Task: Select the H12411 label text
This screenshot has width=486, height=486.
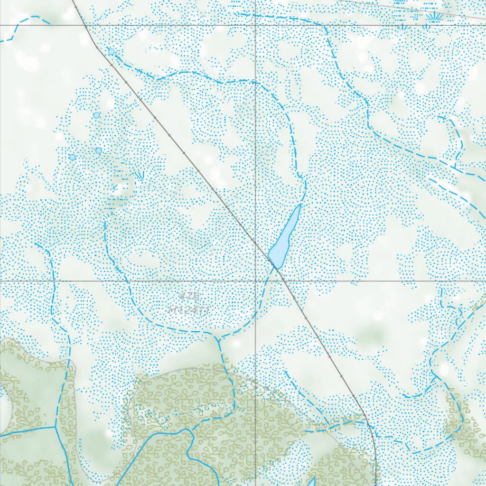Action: pyautogui.click(x=189, y=309)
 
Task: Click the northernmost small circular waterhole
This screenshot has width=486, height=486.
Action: pyautogui.click(x=111, y=51)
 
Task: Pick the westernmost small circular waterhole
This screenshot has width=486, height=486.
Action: pyautogui.click(x=73, y=157)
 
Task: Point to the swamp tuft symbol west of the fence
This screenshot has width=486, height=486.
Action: pyautogui.click(x=139, y=176)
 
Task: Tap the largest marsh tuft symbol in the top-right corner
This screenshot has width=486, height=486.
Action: pyautogui.click(x=432, y=18)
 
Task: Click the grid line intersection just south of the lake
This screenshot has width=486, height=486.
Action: pyautogui.click(x=256, y=280)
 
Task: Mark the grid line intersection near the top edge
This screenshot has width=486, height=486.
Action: pyautogui.click(x=256, y=24)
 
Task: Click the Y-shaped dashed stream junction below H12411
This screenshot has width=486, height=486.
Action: pyautogui.click(x=217, y=338)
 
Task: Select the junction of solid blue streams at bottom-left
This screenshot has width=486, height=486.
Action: pyautogui.click(x=56, y=426)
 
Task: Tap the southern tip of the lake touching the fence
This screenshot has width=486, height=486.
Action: pyautogui.click(x=275, y=267)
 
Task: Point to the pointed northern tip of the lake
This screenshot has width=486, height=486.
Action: pyautogui.click(x=300, y=205)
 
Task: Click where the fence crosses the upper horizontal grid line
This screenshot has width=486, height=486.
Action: pyautogui.click(x=84, y=24)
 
